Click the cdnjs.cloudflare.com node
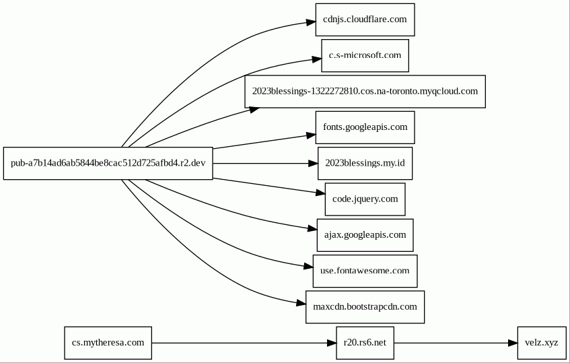pos(365,20)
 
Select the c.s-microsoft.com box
pos(365,56)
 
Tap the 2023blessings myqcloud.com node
pos(365,92)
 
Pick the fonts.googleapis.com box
pos(365,127)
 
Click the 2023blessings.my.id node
pos(365,163)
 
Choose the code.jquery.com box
pos(365,199)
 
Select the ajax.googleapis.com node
pos(365,235)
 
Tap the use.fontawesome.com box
pos(365,271)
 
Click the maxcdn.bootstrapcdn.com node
pos(365,307)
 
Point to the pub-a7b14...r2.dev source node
pos(108,163)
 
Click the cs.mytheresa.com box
pos(108,343)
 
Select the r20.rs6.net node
pos(365,343)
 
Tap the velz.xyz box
pos(542,343)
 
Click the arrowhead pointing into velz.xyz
pos(513,343)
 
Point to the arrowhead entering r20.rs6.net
pos(332,343)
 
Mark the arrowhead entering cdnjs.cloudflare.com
pos(311,22)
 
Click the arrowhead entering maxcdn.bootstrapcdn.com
pos(301,302)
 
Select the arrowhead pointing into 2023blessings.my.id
pos(313,163)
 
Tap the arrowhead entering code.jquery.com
pos(320,193)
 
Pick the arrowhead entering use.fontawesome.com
pos(308,267)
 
